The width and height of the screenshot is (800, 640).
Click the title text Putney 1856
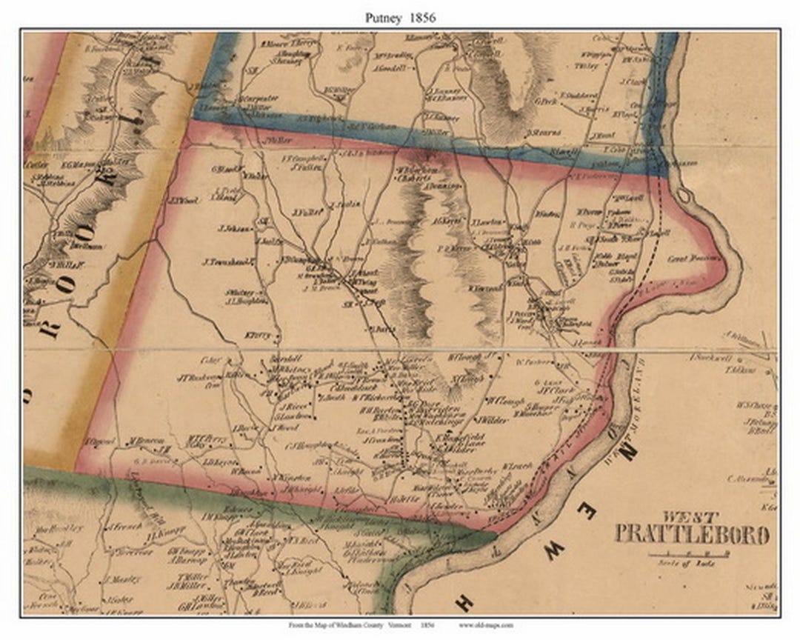point(400,17)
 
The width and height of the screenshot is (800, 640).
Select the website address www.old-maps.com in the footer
point(485,625)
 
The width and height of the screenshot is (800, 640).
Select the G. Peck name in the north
point(546,101)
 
